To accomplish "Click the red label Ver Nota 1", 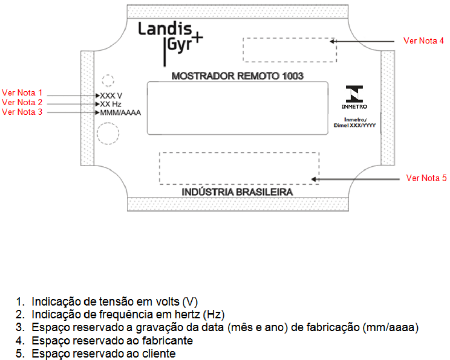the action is point(22,93).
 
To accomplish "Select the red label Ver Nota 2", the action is point(22,102).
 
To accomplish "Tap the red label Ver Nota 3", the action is point(22,112).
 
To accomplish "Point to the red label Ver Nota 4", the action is point(424,41).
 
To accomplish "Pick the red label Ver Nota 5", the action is point(426,178).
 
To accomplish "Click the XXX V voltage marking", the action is point(111,96).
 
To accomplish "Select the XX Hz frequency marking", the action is point(111,104).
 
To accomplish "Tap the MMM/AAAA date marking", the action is point(120,113).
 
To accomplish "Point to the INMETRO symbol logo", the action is point(354,97).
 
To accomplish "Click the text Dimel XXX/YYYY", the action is point(354,125).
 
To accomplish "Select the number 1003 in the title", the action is point(292,76).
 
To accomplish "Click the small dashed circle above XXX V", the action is point(108,75).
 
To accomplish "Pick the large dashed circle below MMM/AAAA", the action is point(108,123).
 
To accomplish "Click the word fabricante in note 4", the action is point(168,341).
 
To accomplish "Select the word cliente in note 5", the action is point(159,353).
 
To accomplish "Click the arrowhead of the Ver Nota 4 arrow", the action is point(332,41).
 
